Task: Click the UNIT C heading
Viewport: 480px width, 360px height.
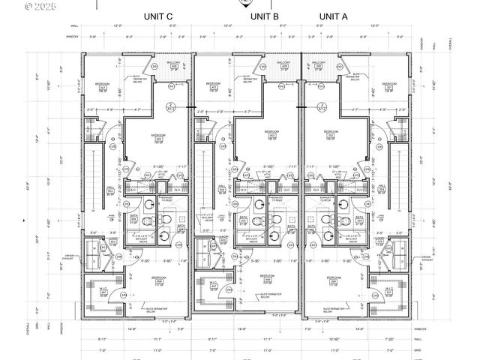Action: [x=158, y=16]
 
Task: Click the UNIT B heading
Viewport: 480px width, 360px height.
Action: [x=265, y=16]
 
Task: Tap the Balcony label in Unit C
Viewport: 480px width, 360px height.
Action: [x=172, y=64]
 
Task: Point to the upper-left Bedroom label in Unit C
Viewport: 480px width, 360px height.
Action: [x=103, y=85]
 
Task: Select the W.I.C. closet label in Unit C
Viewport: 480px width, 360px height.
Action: [x=100, y=290]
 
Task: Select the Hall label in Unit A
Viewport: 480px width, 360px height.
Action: [x=381, y=188]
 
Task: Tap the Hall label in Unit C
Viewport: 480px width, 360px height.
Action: [x=109, y=188]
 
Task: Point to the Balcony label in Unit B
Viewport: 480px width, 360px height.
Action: [x=284, y=64]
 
